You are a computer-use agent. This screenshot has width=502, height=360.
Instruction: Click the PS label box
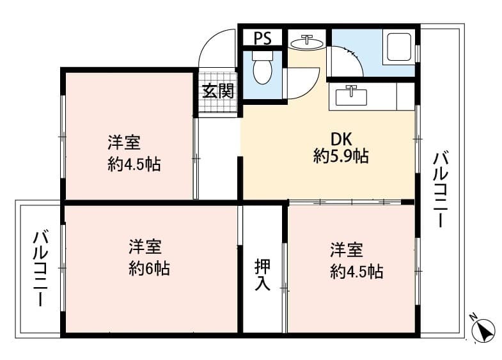pyautogui.click(x=262, y=38)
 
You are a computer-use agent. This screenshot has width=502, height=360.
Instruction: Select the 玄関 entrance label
pyautogui.click(x=218, y=91)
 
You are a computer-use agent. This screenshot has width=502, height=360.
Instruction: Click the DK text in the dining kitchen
pyautogui.click(x=341, y=139)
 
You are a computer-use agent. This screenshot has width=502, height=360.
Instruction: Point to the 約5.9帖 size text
pyautogui.click(x=341, y=156)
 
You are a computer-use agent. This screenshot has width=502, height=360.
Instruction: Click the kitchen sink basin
pyautogui.click(x=350, y=97)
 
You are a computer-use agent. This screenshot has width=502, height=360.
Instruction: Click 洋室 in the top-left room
pyautogui.click(x=124, y=142)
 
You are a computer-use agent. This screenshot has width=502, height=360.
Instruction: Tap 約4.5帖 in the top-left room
pyautogui.click(x=134, y=165)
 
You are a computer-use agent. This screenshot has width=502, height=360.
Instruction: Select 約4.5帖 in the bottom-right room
pyautogui.click(x=357, y=272)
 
